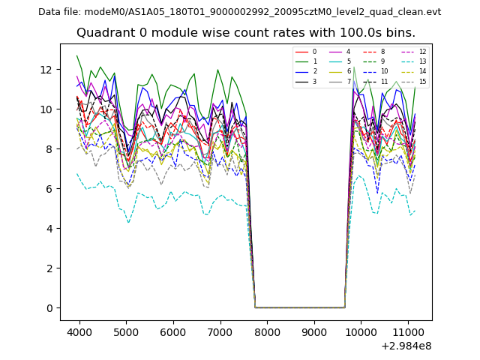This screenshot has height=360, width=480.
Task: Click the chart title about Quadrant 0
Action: coord(245,33)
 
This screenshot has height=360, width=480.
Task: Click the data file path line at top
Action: coord(239,11)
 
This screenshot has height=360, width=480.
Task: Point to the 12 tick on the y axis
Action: coord(46,70)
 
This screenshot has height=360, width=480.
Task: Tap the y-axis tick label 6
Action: coord(49,189)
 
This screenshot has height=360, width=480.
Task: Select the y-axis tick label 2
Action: coord(49,268)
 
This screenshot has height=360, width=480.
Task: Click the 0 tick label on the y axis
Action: coord(49,308)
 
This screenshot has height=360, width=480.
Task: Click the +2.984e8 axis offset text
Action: coord(406,346)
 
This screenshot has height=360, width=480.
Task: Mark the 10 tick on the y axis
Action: coord(46,109)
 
